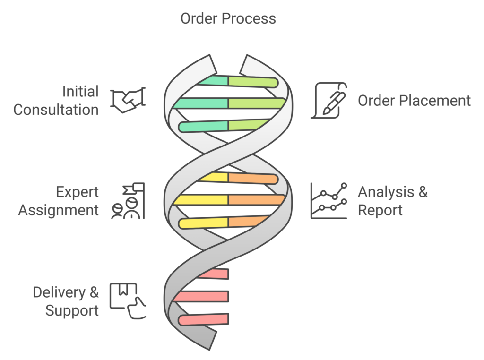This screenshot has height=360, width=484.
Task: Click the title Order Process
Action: pos(228,18)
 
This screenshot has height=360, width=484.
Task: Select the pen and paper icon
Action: pos(329,100)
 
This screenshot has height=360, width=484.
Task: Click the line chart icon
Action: pos(329,201)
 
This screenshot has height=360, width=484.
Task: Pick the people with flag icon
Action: pos(128,201)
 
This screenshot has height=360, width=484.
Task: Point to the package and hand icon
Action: pos(128,301)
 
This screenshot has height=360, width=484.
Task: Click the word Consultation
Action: pos(56,110)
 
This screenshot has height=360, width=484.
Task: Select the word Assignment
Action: pos(58,211)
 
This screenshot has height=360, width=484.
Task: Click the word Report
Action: pos(380,210)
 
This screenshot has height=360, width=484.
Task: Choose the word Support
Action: pos(72,311)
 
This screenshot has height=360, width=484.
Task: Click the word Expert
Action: pos(77,192)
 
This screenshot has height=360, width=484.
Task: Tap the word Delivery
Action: pos(59,292)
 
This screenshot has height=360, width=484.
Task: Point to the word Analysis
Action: pos(386,192)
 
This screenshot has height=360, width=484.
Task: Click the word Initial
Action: pos(80,92)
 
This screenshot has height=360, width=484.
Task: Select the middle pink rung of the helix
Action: pos(201,296)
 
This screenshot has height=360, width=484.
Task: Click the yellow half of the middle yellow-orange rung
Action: pos(201,200)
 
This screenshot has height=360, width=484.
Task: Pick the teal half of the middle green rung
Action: pos(201,103)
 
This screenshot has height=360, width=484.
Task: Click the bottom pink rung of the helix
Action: pos(204,319)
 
